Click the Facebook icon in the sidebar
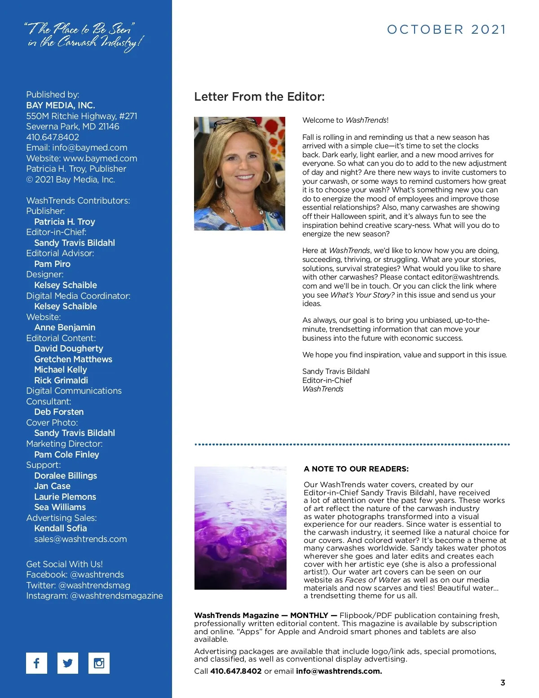[x=36, y=663]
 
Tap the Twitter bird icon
[x=68, y=663]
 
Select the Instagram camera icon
[x=99, y=663]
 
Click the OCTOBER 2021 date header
[x=446, y=30]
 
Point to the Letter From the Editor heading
[x=259, y=97]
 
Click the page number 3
[x=503, y=683]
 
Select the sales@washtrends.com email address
[x=80, y=539]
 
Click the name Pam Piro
[x=52, y=264]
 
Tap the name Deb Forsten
[x=59, y=412]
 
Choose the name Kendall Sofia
[x=61, y=528]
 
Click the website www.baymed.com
[x=100, y=158]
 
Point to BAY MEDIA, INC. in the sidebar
[x=61, y=105]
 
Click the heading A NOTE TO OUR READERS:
[x=356, y=469]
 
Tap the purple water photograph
[x=240, y=528]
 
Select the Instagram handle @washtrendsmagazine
[x=117, y=596]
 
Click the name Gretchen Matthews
[x=73, y=359]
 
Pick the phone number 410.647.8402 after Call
[x=236, y=671]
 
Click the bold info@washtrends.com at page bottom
[x=339, y=671]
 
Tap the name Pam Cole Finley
[x=66, y=454]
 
